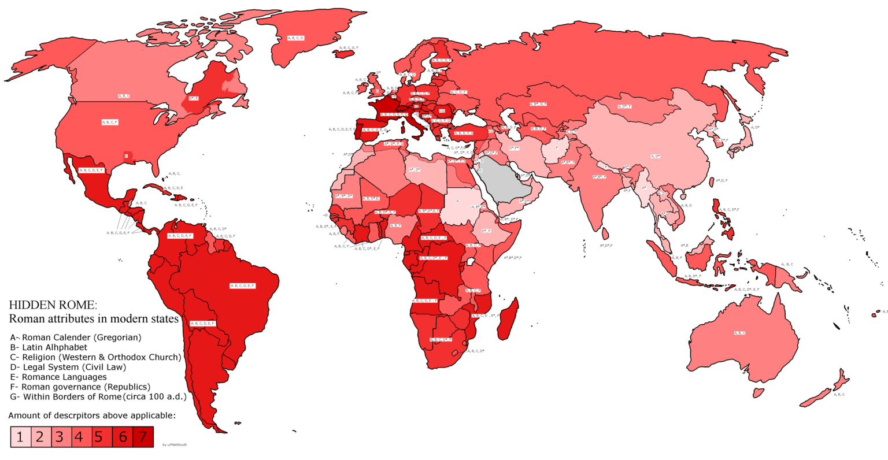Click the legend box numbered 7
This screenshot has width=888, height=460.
[143, 437]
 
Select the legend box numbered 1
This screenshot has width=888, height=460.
[20, 437]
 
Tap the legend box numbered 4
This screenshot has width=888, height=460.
[79, 437]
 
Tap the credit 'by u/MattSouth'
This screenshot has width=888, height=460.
[175, 445]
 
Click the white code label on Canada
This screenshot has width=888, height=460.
[124, 96]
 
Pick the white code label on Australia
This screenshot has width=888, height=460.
[739, 333]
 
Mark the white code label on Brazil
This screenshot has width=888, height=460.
[242, 285]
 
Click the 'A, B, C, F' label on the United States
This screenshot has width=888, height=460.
[110, 123]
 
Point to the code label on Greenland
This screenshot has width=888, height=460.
[295, 38]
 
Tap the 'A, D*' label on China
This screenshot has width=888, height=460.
[655, 157]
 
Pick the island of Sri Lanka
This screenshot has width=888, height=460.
[605, 234]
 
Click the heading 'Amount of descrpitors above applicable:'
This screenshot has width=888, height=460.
[92, 415]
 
